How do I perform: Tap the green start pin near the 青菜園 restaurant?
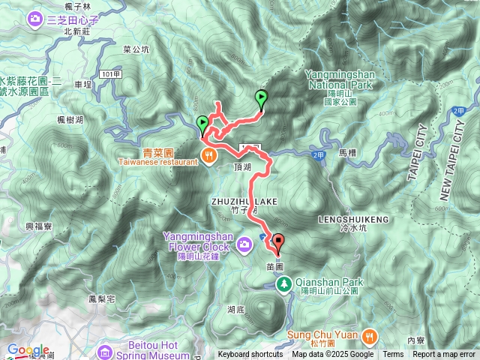(202, 124)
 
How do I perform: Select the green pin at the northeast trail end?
(261, 97)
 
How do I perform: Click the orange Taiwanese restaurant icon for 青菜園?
(207, 156)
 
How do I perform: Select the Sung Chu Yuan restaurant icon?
(369, 334)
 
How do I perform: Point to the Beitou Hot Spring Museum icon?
(104, 350)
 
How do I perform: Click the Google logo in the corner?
(28, 350)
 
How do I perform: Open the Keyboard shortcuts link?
(250, 355)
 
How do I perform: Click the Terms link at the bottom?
(393, 355)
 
